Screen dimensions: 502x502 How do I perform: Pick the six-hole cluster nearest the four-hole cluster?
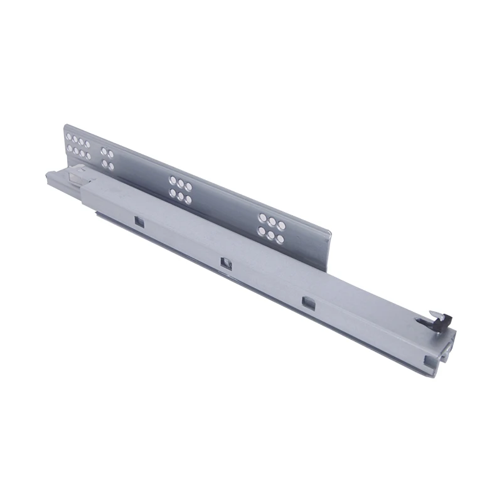180,190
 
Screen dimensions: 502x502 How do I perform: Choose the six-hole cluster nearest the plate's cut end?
272,227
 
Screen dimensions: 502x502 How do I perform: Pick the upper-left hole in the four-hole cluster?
104,152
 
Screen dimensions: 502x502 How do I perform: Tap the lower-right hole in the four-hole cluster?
111,166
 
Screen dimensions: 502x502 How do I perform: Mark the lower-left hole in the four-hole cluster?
104,164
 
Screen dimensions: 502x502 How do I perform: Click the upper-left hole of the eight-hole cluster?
69,136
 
